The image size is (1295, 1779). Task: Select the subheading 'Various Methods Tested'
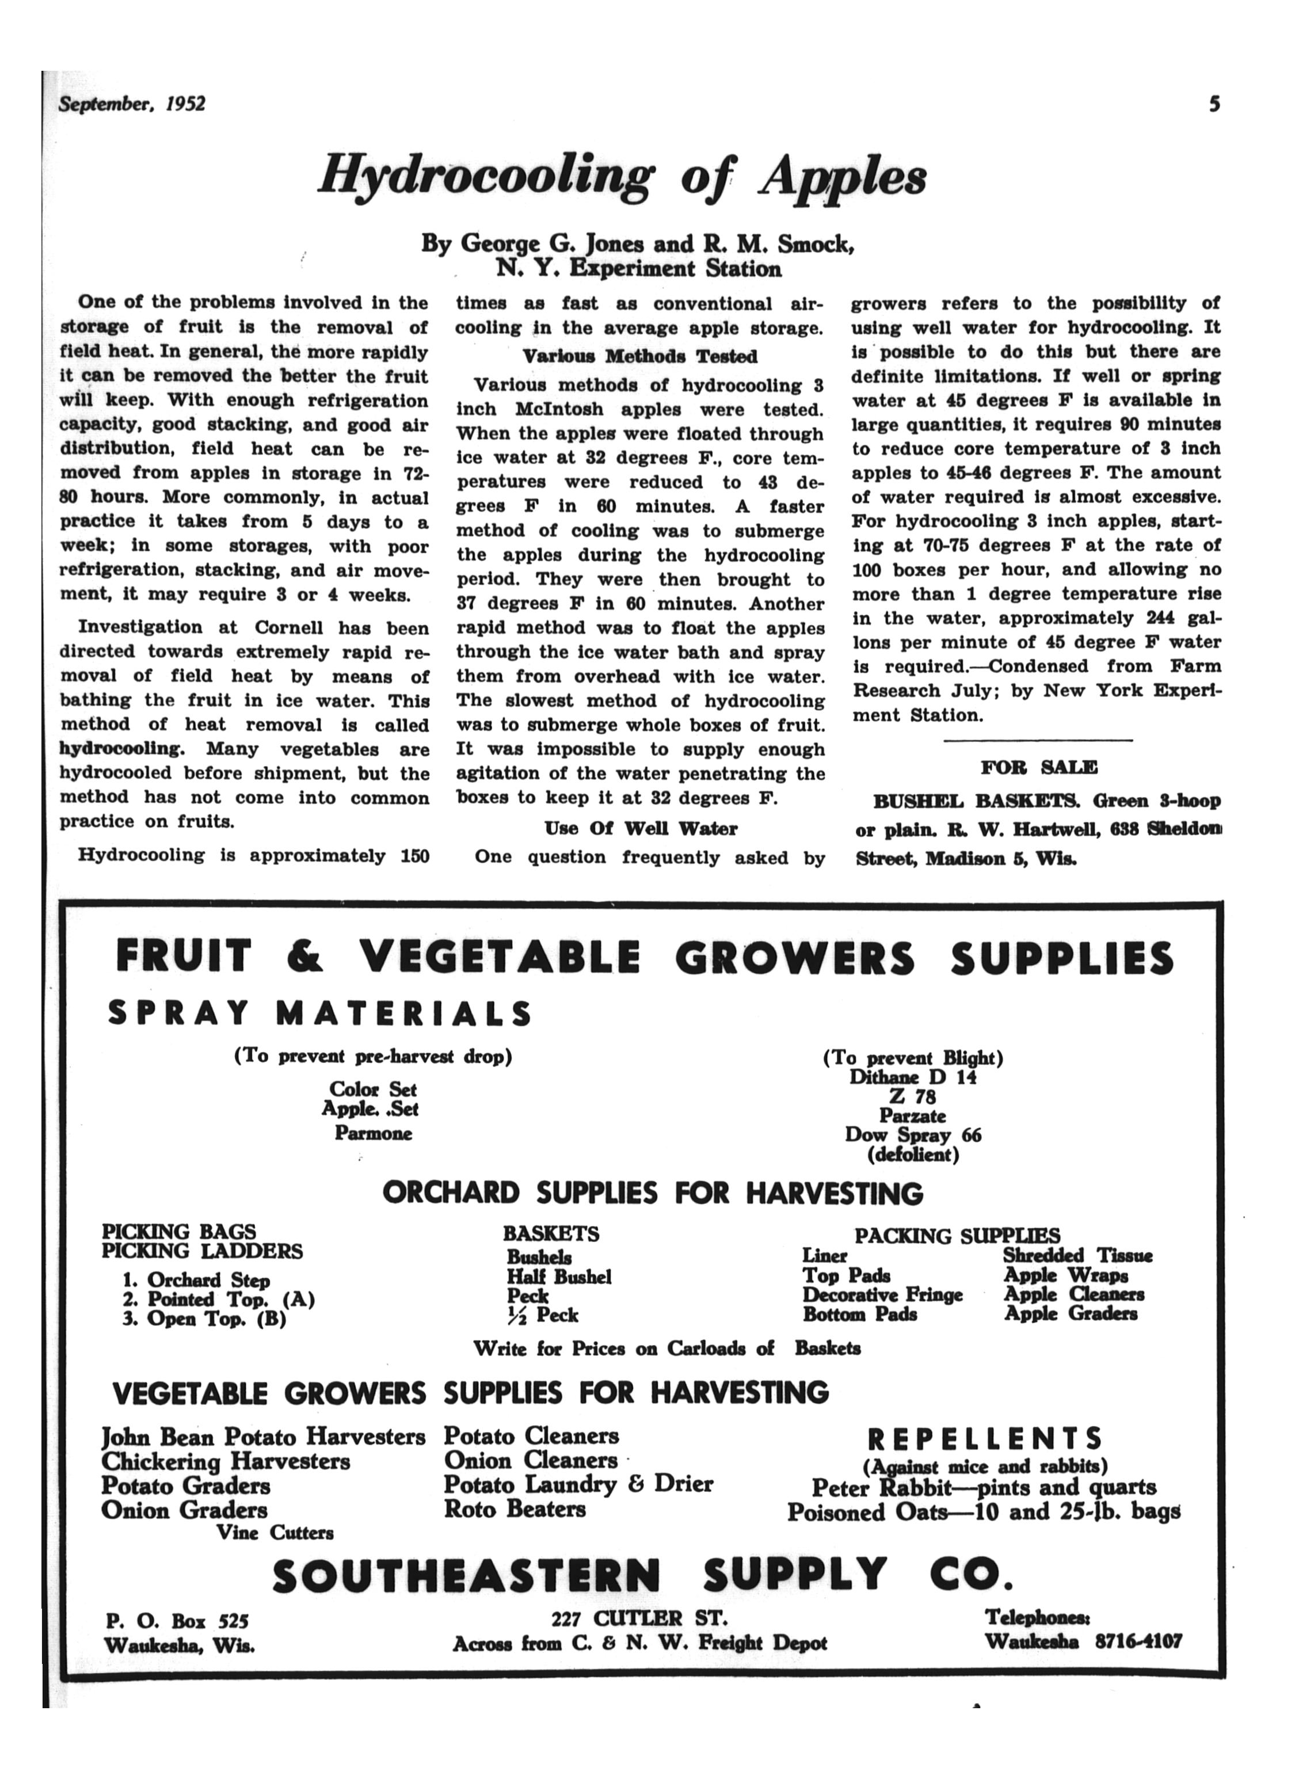(639, 357)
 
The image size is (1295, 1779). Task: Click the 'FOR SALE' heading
(1038, 767)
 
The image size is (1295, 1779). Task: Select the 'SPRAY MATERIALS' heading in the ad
(320, 1014)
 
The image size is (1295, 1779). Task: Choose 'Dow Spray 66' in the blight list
(912, 1135)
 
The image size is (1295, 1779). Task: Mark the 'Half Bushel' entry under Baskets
(558, 1277)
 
